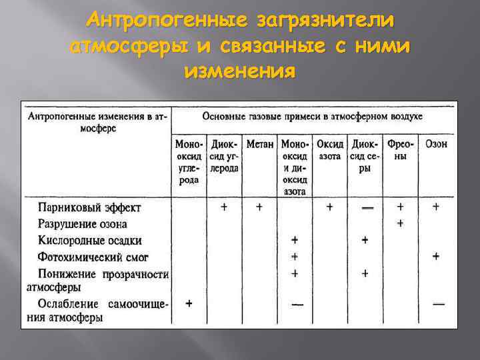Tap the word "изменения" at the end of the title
tap(240, 70)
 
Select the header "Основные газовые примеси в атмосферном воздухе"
tap(312, 116)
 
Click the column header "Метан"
tap(259, 144)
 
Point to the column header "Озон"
tap(436, 144)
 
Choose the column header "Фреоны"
tap(401, 150)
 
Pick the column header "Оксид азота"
tap(330, 150)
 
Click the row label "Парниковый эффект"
tap(89, 207)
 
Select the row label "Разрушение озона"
tap(82, 224)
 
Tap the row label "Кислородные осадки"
tap(89, 240)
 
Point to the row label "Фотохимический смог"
tap(93, 257)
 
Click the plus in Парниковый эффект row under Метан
tap(259, 207)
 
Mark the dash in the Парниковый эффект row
tap(366, 208)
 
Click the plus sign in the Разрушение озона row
tap(400, 224)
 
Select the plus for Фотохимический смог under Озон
tap(436, 255)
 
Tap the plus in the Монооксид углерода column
tap(189, 303)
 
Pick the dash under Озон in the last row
tap(438, 304)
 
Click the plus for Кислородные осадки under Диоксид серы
tap(365, 240)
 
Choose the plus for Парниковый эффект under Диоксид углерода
tap(224, 207)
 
